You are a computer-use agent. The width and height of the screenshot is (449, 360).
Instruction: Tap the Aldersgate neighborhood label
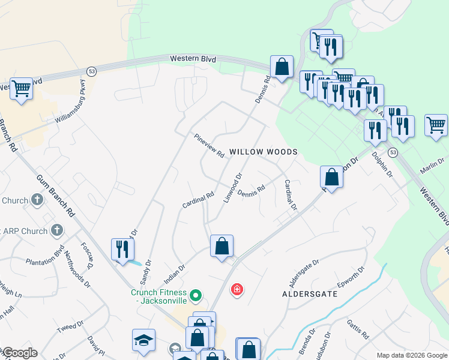[x=310, y=295]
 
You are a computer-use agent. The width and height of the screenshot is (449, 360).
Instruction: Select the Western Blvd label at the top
[x=193, y=59]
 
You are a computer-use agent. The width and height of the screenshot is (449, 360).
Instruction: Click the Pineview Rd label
[x=208, y=146]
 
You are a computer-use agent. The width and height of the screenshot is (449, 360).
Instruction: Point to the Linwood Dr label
[x=232, y=188]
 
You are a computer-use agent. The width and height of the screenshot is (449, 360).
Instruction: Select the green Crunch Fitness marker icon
[x=195, y=296]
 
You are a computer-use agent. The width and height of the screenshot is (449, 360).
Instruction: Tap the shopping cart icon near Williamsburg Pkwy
[x=21, y=89]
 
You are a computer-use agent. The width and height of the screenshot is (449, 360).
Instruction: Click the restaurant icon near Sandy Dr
[x=122, y=249]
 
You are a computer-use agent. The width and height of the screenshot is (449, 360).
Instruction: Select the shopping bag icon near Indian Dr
[x=221, y=245]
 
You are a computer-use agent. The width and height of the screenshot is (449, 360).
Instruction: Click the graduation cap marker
[x=143, y=340]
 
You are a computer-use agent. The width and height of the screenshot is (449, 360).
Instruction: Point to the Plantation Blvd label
[x=44, y=261]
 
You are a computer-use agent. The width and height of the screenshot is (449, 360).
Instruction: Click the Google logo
[x=20, y=353]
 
